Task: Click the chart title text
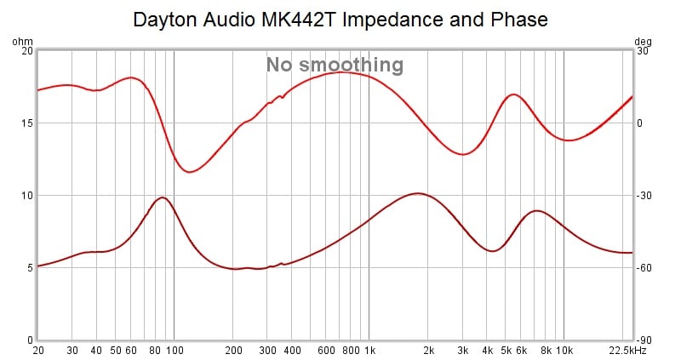pyautogui.click(x=340, y=19)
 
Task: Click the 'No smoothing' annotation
pyautogui.click(x=334, y=65)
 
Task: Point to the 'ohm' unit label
pyautogui.click(x=21, y=41)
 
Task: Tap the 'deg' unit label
pyautogui.click(x=644, y=41)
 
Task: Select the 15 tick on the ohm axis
pyautogui.click(x=26, y=123)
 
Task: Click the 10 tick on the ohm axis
pyautogui.click(x=26, y=196)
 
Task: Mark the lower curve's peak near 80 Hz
pyautogui.click(x=161, y=197)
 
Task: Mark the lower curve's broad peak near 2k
pyautogui.click(x=416, y=193)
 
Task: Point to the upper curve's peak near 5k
pyautogui.click(x=512, y=94)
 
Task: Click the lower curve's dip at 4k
pyautogui.click(x=491, y=251)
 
